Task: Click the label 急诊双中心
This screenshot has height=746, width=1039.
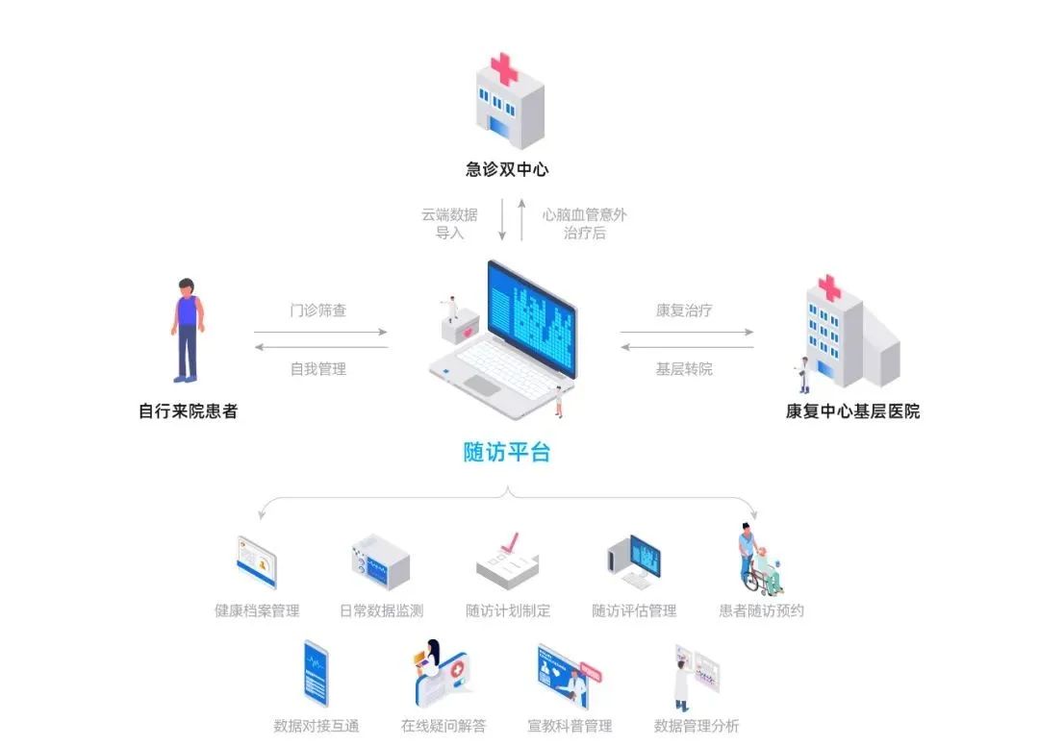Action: coord(507,170)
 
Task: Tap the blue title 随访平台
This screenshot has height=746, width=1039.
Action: coord(507,452)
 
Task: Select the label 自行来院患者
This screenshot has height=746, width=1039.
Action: coord(188,411)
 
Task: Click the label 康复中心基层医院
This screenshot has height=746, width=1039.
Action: coord(852,411)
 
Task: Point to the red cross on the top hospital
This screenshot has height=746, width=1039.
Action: coord(504,70)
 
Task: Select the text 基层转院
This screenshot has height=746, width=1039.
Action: coord(684,368)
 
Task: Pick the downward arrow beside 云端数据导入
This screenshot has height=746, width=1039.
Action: coord(502,221)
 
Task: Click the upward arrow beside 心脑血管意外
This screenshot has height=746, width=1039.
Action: coord(521,221)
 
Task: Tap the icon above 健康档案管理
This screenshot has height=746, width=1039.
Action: coord(257,562)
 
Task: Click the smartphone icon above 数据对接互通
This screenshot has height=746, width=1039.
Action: coord(316,673)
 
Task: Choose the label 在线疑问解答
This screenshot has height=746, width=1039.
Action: coord(443,726)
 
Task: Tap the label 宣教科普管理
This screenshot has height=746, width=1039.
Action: coord(570,726)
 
